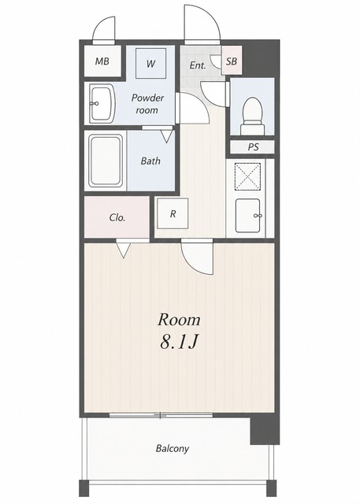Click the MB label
point(102,61)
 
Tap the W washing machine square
point(150,63)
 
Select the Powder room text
point(147,103)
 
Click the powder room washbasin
point(102,103)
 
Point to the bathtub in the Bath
point(106,161)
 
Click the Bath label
point(150,161)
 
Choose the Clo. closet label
point(117,217)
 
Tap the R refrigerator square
point(173,213)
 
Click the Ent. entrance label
point(198,65)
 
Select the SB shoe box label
point(232,61)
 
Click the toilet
point(253,116)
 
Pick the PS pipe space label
point(253,147)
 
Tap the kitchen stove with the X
point(247,176)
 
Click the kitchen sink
point(248,215)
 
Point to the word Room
point(179,320)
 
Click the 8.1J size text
point(178,343)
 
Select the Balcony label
point(173,448)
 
